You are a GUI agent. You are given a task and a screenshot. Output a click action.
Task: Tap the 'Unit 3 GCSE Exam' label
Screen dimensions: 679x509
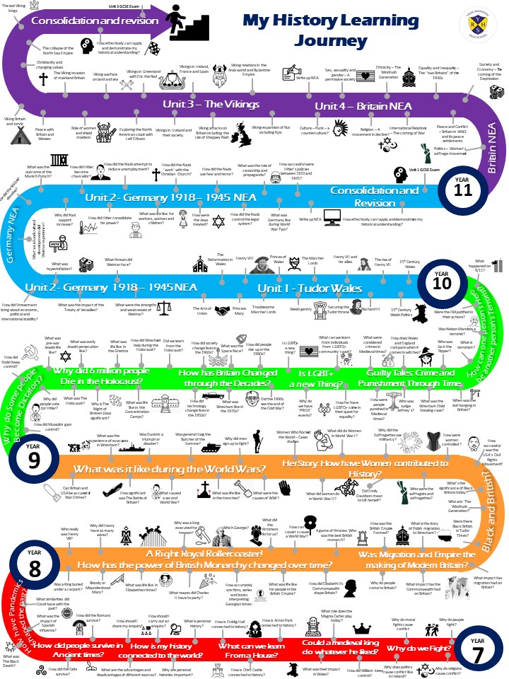124,6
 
